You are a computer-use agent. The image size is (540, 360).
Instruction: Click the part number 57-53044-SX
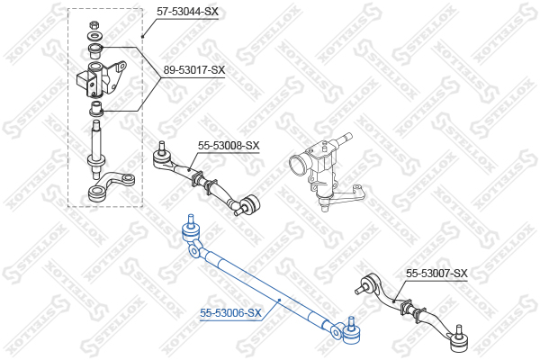(187, 12)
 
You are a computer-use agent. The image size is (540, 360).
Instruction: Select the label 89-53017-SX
(193, 70)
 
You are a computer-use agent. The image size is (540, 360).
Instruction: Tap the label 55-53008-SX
(229, 146)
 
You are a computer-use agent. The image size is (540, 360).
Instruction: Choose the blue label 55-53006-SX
(230, 313)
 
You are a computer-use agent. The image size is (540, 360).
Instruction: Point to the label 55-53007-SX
(436, 274)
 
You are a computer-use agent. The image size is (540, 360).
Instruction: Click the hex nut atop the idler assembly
(94, 25)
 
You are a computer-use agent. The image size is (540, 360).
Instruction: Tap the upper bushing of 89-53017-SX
(95, 51)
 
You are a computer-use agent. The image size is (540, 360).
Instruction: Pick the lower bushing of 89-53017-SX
(95, 109)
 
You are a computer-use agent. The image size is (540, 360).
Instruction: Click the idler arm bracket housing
(101, 79)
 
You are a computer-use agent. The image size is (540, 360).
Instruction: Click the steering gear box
(320, 166)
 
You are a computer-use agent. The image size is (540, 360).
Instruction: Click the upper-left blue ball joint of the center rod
(191, 230)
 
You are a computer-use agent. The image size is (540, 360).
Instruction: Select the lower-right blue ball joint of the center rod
(351, 331)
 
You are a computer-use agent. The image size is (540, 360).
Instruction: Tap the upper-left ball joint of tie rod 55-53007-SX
(367, 284)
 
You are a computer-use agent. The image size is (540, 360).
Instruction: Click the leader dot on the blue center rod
(280, 300)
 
